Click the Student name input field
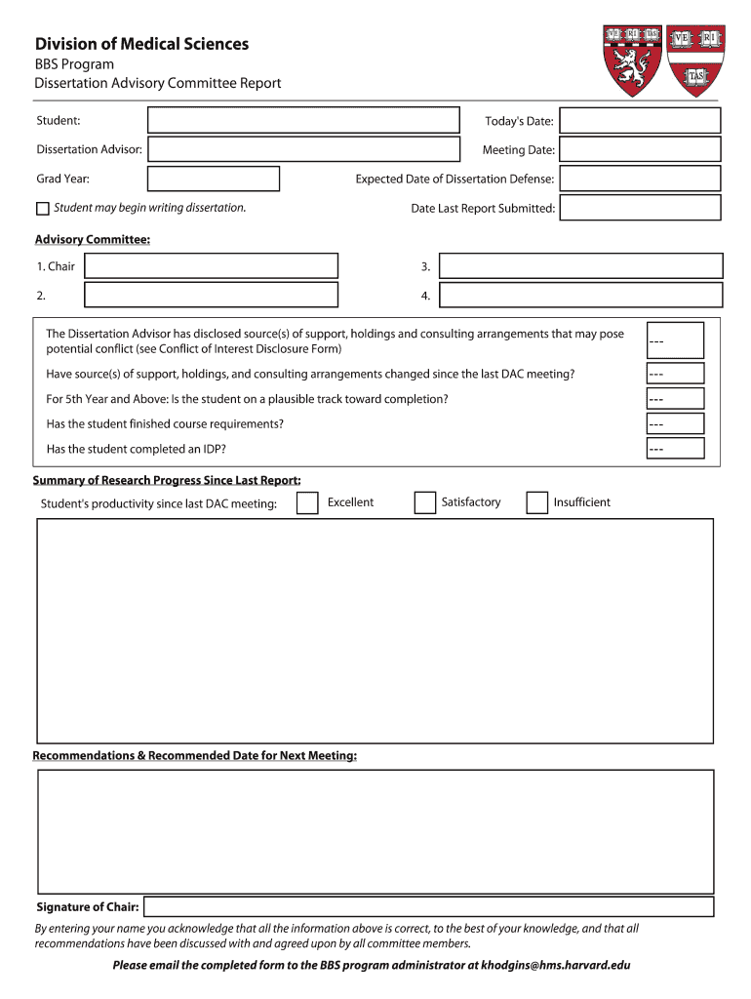pos(303,120)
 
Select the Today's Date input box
pos(640,121)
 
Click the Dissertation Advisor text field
pos(303,149)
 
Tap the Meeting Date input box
pos(640,149)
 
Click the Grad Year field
pos(213,179)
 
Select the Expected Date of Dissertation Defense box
pos(640,179)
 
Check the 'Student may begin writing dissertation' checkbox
pos(42,209)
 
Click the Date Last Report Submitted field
pos(640,208)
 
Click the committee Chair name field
pos(211,266)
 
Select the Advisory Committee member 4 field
pos(580,296)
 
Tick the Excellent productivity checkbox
pos(307,502)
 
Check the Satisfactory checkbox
pos(424,502)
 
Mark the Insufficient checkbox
pos(536,502)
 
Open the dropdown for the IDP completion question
pos(674,449)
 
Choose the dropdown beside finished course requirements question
pos(674,423)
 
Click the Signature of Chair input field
pos(428,906)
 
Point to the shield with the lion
pos(632,60)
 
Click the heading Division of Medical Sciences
pos(141,44)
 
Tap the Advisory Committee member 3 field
pos(580,266)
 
